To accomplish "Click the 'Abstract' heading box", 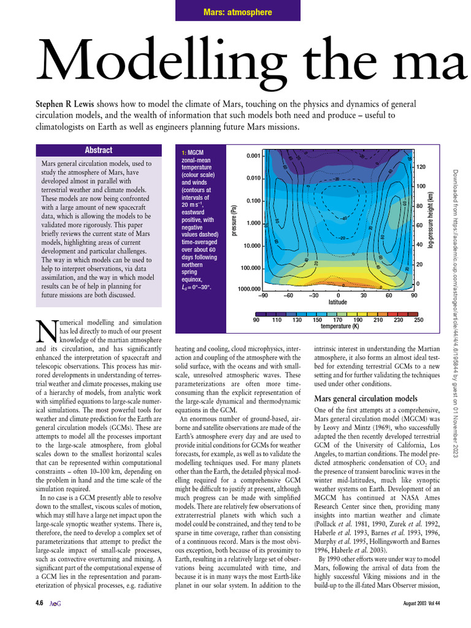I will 98,150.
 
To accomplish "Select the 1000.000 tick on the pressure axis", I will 249,289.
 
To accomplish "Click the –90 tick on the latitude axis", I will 263,295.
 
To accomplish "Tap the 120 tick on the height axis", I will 421,167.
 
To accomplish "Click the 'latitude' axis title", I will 338,302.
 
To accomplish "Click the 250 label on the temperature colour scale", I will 418,320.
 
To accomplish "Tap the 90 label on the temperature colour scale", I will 257,320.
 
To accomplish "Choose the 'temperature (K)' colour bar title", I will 340,326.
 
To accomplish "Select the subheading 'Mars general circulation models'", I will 366,398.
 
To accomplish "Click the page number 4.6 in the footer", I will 39,620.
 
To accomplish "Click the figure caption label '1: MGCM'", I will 193,152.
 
